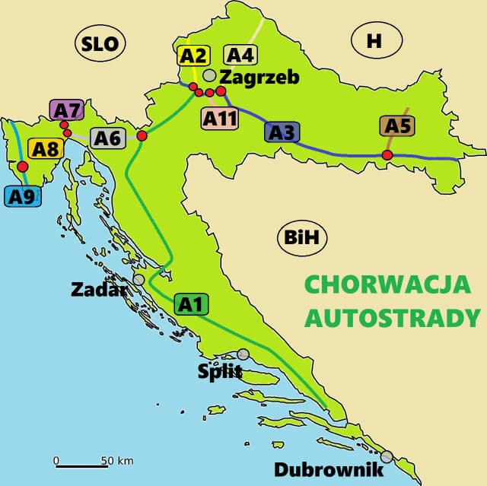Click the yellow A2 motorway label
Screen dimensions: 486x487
tap(194, 56)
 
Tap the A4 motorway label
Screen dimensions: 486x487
tap(242, 56)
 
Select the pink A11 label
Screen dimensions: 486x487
tap(220, 118)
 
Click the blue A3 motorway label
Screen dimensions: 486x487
tap(282, 132)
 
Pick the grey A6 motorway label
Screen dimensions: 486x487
tap(107, 138)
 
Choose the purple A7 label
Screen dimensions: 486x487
tap(66, 110)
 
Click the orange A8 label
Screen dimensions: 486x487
tap(45, 149)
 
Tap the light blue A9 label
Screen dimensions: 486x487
tap(21, 197)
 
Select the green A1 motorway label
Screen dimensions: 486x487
tap(190, 304)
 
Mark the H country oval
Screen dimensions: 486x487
tap(373, 41)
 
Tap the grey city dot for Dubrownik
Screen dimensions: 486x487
tap(387, 456)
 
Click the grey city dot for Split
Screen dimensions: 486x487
tap(243, 354)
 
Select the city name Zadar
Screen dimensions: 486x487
tap(99, 290)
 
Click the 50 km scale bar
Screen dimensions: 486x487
tap(81, 465)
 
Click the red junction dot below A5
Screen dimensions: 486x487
tap(387, 155)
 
